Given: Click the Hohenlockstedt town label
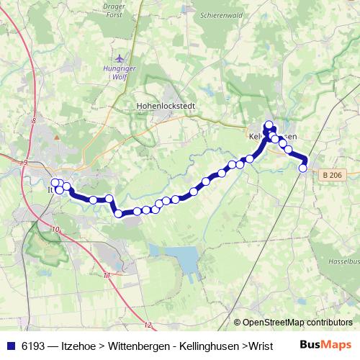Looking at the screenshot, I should pyautogui.click(x=161, y=105).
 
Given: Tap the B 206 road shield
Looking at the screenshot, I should pyautogui.click(x=332, y=174).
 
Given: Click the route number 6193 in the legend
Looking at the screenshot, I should pyautogui.click(x=35, y=346).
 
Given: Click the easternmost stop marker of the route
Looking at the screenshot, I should pyautogui.click(x=303, y=168).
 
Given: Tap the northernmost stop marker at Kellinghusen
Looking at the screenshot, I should pyautogui.click(x=269, y=125).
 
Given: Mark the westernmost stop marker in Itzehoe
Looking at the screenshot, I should pyautogui.click(x=55, y=183).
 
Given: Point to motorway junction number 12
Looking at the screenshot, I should pyautogui.click(x=148, y=325).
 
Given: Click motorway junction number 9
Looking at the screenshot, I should pyautogui.click(x=24, y=163).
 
